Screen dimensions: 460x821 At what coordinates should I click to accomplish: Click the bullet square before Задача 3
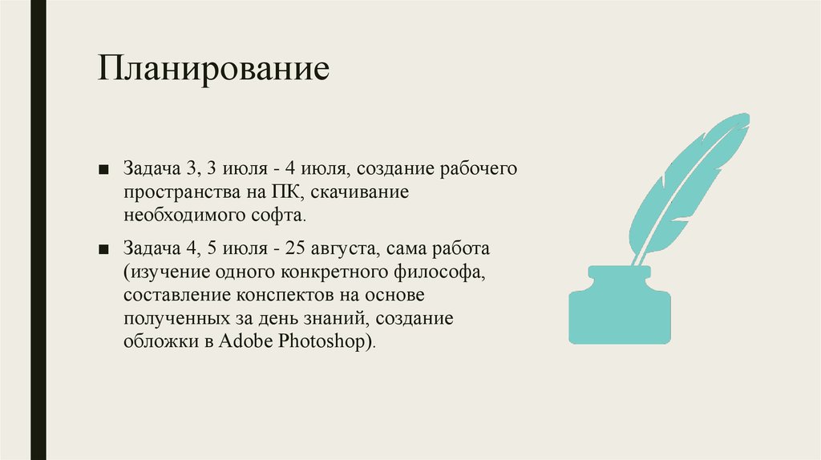tap(104, 171)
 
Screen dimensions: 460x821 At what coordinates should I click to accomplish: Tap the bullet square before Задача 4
tap(104, 250)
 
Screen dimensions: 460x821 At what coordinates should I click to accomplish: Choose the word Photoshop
tap(325, 341)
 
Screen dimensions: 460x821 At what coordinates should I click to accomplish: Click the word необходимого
tap(180, 216)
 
